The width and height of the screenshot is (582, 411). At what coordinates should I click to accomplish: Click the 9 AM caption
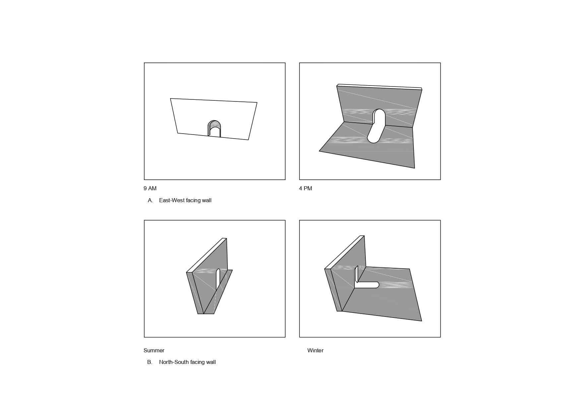coord(150,188)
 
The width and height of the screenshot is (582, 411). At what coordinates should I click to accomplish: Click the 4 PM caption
coord(305,188)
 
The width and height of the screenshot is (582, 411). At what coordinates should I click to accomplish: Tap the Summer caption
coord(154,350)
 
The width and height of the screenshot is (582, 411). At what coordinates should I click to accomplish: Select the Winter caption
coord(315,350)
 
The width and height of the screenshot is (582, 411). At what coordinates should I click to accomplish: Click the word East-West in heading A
coord(172,200)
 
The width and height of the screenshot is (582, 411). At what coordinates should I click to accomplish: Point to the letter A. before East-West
coord(150,200)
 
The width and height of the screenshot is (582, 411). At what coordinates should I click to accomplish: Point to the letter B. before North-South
coord(150,362)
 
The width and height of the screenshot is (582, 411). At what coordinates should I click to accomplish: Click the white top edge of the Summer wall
coord(207,255)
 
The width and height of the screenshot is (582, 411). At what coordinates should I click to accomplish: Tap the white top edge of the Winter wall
coord(345,252)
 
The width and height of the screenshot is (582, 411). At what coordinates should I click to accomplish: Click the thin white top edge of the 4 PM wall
coord(379,87)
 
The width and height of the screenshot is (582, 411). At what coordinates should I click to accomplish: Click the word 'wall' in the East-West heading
coord(206,200)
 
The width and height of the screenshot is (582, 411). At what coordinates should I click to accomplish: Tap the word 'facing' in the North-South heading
coord(197,362)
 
